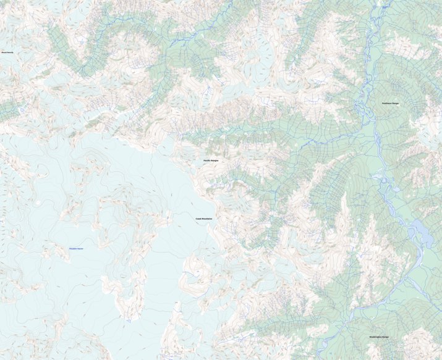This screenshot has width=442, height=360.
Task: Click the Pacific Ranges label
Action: click(211, 161)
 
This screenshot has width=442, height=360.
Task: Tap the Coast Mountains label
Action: click(203, 219)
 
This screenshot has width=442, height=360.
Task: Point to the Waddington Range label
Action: click(378, 337)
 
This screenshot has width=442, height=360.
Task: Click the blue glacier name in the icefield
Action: click(76, 249)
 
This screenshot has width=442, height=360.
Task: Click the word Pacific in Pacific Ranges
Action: click(207, 161)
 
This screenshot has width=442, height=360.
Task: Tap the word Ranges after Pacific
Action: click(215, 161)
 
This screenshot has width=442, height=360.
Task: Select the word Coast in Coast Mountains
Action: click(198, 219)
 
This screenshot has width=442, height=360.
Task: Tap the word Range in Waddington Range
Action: click(385, 337)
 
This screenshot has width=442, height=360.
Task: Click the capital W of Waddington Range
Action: click(370, 337)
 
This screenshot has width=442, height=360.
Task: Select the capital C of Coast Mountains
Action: click(196, 219)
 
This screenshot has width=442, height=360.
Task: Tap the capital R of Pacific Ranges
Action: click(212, 161)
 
